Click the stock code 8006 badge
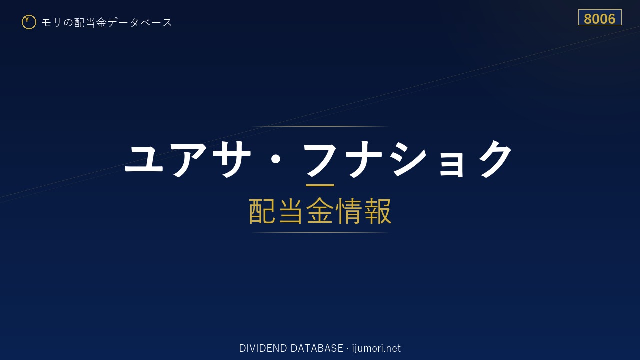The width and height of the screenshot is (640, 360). [600, 17]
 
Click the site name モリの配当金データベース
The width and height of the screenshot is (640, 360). [107, 22]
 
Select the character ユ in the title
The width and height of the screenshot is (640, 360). [144, 159]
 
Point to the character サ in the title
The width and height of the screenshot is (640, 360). [231, 159]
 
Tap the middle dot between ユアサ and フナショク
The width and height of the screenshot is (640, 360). [275, 159]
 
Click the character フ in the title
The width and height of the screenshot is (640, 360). [320, 159]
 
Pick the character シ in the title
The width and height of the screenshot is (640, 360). [409, 159]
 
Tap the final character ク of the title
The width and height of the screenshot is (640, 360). [495, 159]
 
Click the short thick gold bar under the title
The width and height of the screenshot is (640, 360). [320, 185]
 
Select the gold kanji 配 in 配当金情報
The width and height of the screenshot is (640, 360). [262, 211]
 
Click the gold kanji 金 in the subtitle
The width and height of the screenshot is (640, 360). [320, 211]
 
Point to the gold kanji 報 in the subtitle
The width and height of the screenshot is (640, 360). [378, 211]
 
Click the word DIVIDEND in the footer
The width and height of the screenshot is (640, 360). [263, 348]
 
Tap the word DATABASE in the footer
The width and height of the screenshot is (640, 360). [317, 348]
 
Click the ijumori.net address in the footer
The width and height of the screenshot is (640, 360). [376, 348]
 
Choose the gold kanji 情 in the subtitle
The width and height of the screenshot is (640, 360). [349, 211]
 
